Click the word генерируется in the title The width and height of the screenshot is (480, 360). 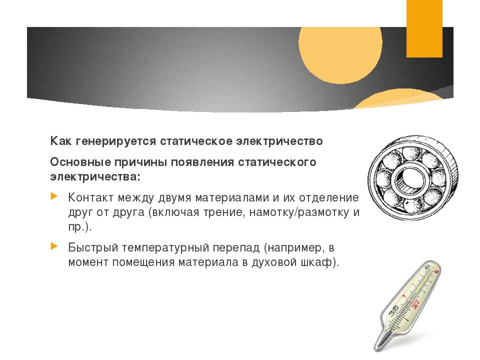point(116,141)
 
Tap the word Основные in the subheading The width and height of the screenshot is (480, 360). point(80,162)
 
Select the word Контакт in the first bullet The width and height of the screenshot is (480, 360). point(91,197)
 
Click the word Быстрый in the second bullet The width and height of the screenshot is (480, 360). point(93,247)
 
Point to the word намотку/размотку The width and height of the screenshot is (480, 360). point(299,212)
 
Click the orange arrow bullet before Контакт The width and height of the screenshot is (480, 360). point(54,196)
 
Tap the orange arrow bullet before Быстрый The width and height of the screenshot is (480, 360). point(54,246)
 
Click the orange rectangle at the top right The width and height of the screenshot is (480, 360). point(424,28)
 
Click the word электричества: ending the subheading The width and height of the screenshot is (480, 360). point(95,177)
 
